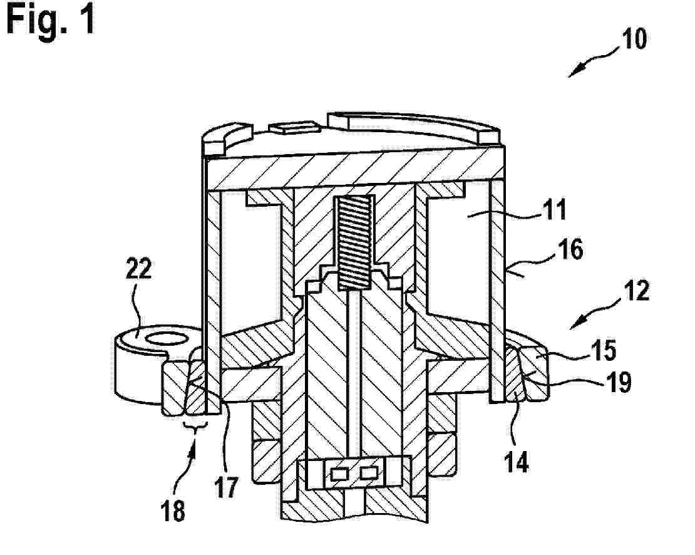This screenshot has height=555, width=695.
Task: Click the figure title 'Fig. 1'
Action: (51, 20)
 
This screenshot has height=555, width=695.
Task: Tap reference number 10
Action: (634, 39)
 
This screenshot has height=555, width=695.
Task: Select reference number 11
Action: (555, 210)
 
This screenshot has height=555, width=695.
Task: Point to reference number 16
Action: (570, 249)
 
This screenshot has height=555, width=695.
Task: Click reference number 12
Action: (637, 291)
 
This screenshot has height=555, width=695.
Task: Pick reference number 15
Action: (604, 350)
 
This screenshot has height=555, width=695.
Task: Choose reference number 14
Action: (517, 462)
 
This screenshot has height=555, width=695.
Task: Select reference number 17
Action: (226, 487)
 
